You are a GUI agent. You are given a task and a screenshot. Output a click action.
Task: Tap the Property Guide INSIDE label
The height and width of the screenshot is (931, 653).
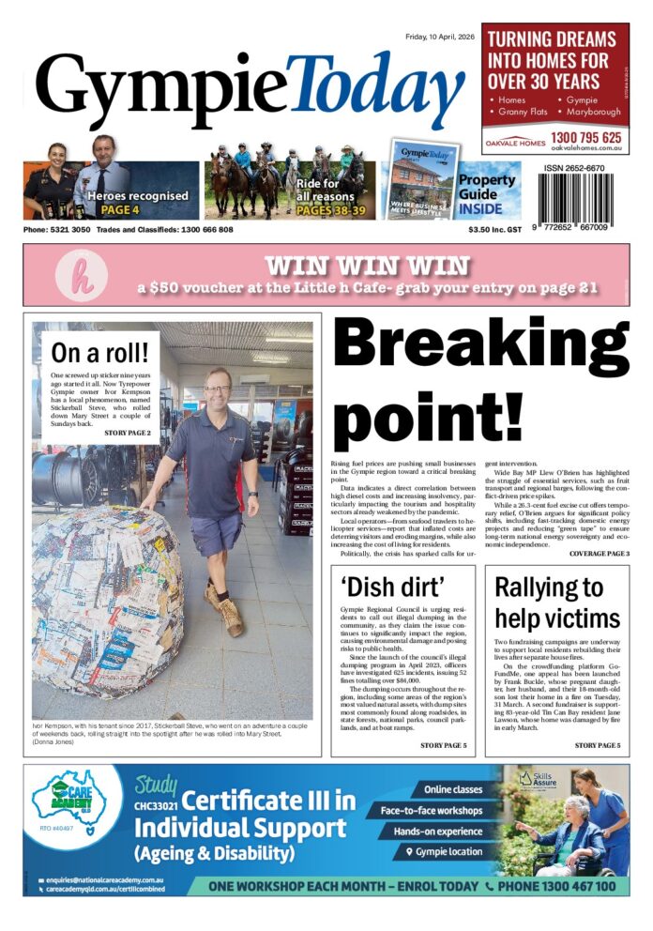(x=486, y=193)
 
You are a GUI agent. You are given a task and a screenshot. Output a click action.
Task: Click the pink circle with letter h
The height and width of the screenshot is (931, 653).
(x=74, y=273)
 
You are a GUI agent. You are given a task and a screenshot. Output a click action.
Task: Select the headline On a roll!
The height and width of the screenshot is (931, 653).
(x=100, y=354)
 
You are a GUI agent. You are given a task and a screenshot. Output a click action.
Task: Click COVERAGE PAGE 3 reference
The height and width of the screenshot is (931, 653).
(x=599, y=554)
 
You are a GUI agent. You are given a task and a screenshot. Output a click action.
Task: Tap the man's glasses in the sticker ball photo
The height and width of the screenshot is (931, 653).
(x=218, y=389)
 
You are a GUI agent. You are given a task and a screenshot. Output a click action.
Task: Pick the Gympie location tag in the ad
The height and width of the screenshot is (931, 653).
(x=442, y=851)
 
